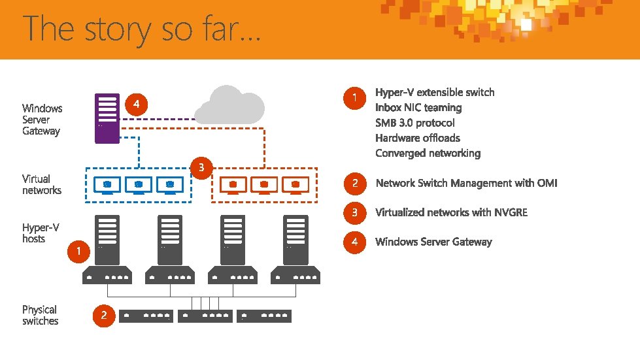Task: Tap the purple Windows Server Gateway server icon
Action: click(107, 118)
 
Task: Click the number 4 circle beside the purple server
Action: click(136, 104)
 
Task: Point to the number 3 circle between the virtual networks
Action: click(201, 168)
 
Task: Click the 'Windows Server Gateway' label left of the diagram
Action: click(42, 120)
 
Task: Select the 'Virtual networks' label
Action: click(42, 184)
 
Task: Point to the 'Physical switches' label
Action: click(40, 315)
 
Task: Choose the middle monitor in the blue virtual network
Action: click(139, 186)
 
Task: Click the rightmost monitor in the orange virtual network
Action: click(295, 186)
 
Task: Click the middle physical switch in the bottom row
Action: click(205, 316)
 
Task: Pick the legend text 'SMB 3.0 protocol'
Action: click(414, 123)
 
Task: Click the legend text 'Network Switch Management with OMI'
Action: click(466, 183)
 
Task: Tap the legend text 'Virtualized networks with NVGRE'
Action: click(451, 212)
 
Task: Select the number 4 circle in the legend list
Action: click(354, 242)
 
